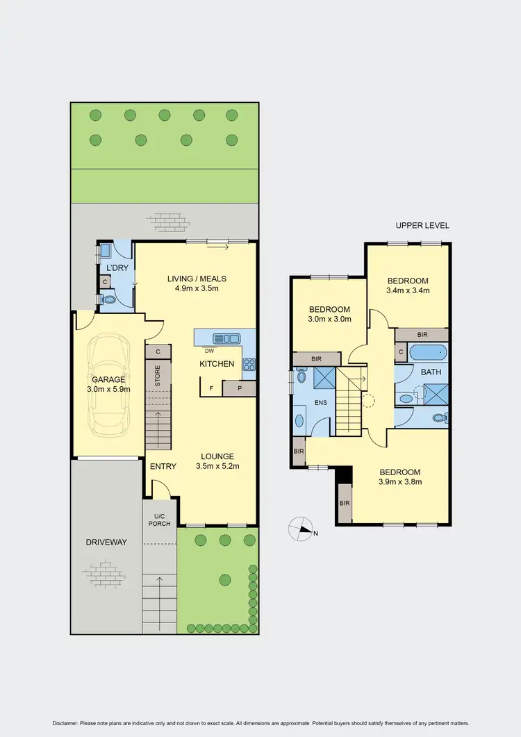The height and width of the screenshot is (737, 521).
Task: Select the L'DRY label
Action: tap(115, 268)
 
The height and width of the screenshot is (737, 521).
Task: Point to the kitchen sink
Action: tap(226, 338)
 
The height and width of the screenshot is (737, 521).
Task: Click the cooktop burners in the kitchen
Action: tap(249, 363)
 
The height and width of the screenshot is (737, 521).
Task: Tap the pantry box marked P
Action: tap(240, 389)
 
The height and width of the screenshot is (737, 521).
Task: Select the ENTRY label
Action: tap(163, 466)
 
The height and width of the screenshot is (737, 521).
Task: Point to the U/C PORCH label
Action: tap(159, 520)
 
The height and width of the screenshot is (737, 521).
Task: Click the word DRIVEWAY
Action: tap(106, 542)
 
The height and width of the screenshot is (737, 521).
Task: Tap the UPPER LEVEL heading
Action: tap(422, 226)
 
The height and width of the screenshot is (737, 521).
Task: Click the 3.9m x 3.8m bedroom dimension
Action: tap(400, 481)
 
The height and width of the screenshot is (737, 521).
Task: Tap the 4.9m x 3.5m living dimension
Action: tap(197, 288)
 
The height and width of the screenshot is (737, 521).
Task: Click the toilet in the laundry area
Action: tap(108, 299)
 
